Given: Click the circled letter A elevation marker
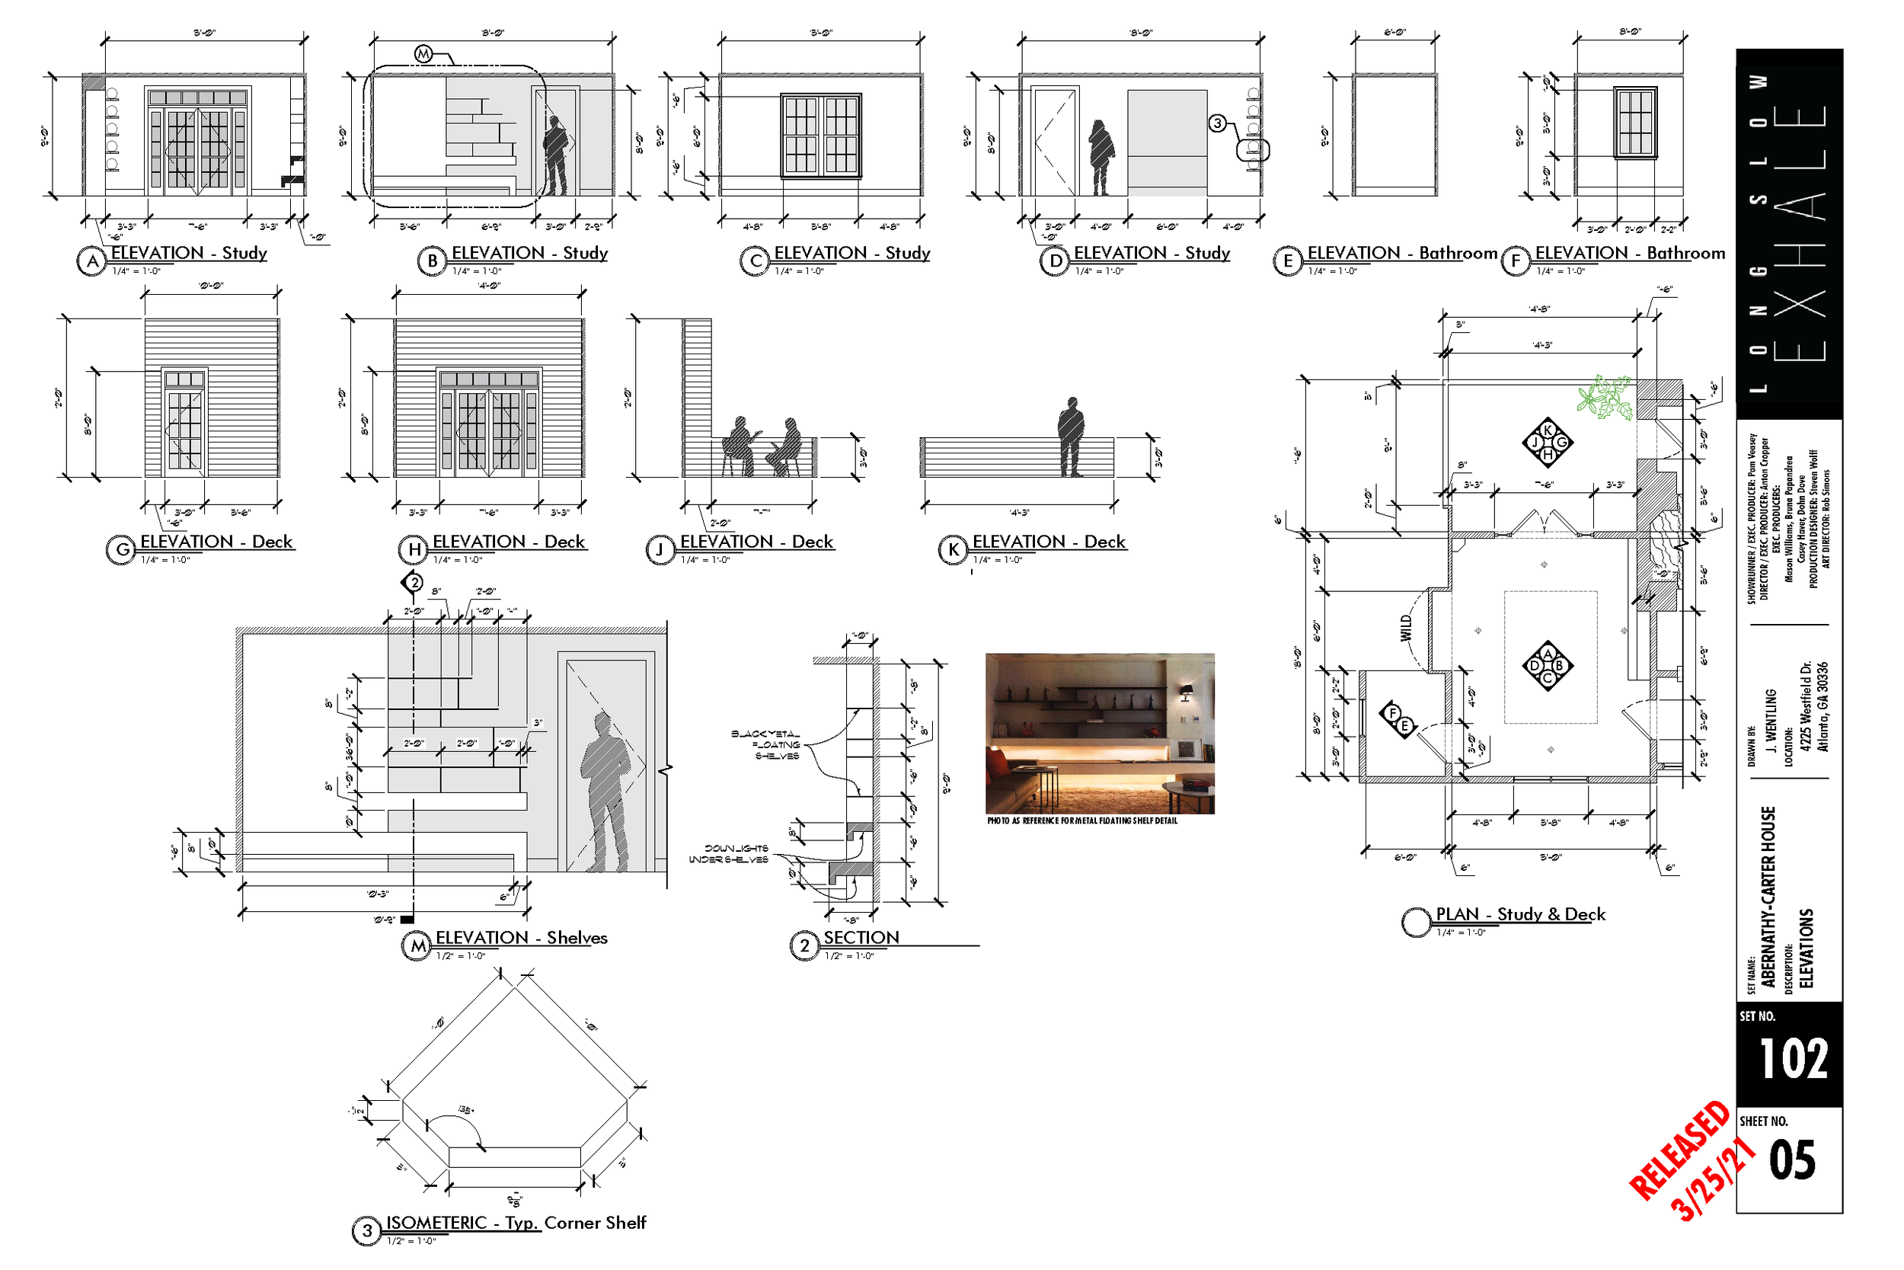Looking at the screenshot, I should (93, 261).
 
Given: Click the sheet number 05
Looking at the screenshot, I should (1792, 1160).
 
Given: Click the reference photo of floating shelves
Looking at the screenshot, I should (1099, 733).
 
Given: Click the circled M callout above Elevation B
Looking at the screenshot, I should (423, 54).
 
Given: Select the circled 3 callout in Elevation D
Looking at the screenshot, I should (1218, 123).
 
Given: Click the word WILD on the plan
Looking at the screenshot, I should (1405, 629).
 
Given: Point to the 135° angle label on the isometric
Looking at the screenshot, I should (466, 1108).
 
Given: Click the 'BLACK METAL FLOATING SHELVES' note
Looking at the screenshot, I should (766, 744).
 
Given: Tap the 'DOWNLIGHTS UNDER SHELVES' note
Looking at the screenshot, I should (728, 854).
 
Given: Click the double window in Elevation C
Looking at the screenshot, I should (821, 136).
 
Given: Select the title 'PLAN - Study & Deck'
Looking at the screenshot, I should (1519, 914).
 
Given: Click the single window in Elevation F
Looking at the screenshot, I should (1635, 123).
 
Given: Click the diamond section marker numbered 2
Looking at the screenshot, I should (414, 582).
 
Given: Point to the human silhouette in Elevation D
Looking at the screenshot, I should (1101, 157).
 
